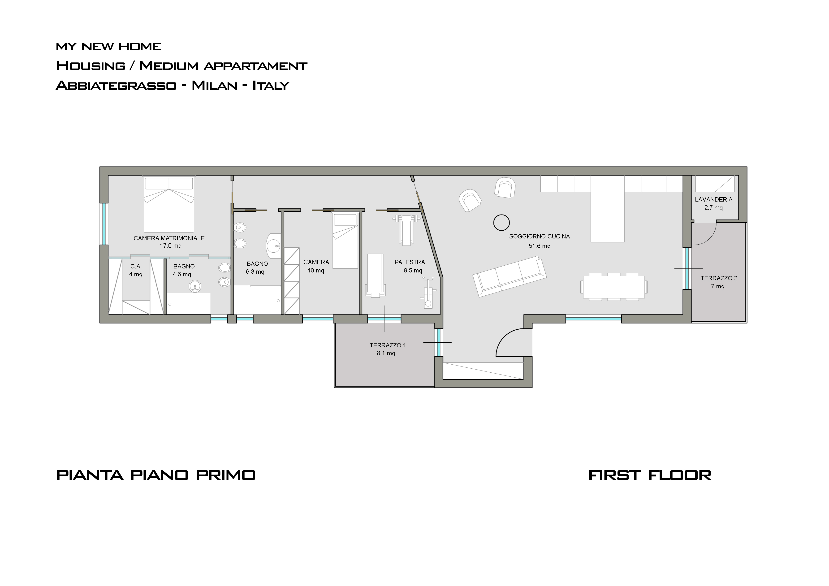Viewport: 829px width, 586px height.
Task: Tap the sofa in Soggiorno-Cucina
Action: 509,276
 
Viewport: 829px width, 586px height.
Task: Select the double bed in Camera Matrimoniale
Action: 169,204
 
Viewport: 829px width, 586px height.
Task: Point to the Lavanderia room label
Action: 713,199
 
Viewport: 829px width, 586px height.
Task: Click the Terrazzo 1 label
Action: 387,345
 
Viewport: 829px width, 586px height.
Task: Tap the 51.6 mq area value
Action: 540,246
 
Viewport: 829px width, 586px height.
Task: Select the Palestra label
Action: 410,262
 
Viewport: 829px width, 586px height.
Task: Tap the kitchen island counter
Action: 607,217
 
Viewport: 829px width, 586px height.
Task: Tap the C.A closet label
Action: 135,267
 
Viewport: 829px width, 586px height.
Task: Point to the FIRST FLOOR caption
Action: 650,475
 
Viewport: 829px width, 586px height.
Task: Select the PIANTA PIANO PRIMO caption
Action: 156,475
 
